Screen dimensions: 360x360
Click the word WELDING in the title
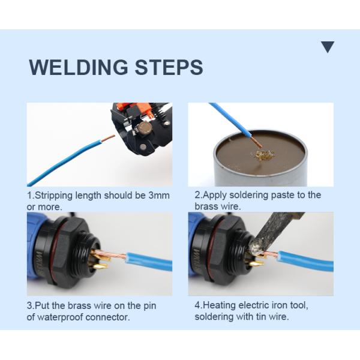point(78,67)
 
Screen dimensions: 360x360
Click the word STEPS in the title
point(169,67)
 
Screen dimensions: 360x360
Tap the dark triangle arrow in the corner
point(328,47)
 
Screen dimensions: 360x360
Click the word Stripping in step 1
point(54,196)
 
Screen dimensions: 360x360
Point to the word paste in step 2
point(283,195)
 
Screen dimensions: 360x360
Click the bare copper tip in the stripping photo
point(108,137)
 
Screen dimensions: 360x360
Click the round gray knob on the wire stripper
point(145,127)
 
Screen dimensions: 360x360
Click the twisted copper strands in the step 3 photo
point(111,255)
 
